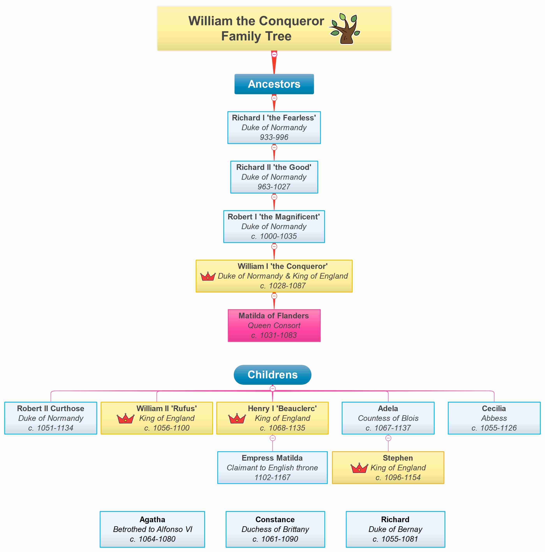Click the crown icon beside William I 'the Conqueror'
[208, 276]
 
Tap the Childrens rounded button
[272, 374]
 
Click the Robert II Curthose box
[51, 418]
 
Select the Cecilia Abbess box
[494, 418]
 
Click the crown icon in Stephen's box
[359, 468]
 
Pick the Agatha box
[152, 529]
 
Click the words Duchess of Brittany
[275, 529]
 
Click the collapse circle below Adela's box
[388, 438]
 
